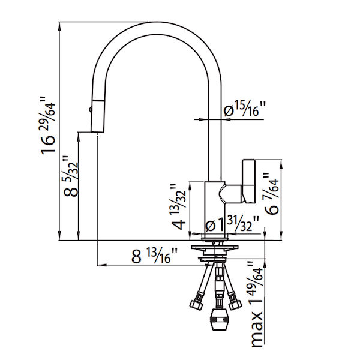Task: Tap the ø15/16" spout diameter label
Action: click(x=244, y=109)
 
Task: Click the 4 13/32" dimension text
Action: click(x=178, y=208)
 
